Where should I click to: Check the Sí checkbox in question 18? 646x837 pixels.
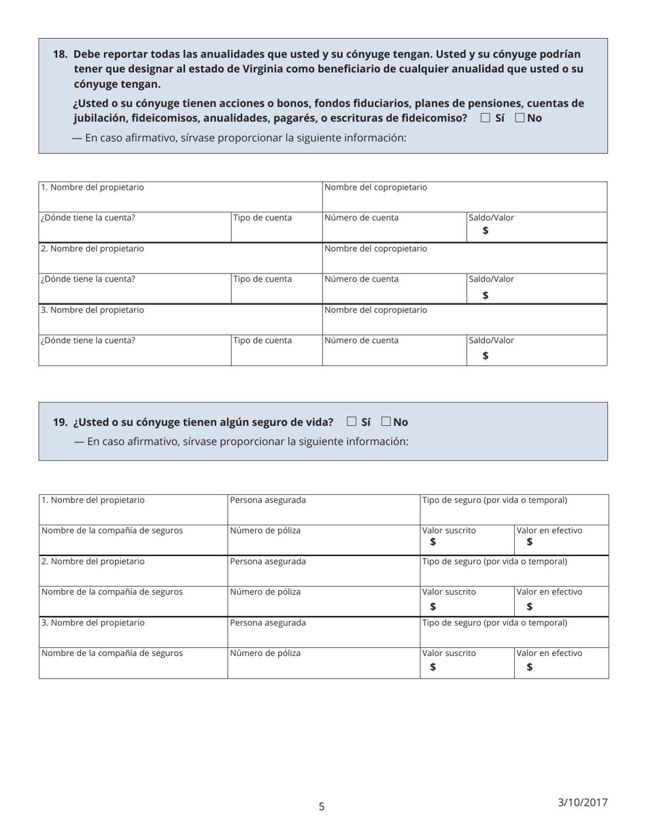485,118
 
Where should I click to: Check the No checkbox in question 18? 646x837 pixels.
520,118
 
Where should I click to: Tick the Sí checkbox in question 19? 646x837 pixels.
352,421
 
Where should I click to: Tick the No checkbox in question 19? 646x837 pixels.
386,421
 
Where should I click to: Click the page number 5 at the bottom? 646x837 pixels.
322,806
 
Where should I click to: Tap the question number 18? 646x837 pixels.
60,54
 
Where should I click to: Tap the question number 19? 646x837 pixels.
60,422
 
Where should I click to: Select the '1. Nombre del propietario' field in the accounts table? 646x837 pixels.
180,197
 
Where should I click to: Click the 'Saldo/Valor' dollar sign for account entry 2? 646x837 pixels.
486,295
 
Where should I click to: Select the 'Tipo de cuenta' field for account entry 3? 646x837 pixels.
276,350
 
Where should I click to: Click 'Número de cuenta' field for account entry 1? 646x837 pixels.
394,227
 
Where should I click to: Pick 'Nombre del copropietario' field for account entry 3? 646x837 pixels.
464,319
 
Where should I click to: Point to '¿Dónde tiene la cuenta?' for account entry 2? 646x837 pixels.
135,289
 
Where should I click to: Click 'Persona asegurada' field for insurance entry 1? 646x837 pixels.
324,510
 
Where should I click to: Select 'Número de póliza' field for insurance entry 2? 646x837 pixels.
324,602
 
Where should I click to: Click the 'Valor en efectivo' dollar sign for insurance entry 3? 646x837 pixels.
530,667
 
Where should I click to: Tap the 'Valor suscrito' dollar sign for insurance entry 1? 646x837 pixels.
433,542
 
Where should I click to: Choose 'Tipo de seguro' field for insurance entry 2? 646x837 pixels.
514,571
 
